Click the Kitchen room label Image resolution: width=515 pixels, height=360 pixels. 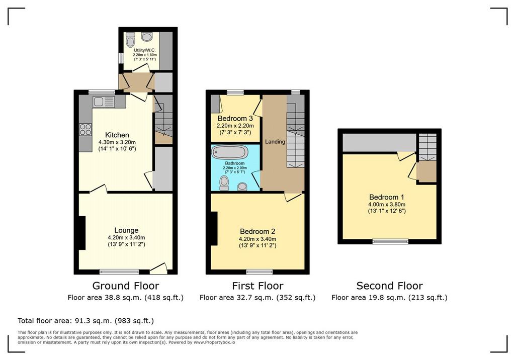[x=117, y=135]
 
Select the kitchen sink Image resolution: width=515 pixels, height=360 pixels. [x=104, y=102]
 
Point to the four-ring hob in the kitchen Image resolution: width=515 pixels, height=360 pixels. [x=85, y=129]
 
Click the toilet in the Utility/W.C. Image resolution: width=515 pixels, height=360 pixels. [x=130, y=39]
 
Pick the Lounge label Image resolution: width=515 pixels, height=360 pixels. [x=126, y=230]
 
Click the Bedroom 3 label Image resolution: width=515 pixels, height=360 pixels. [x=235, y=118]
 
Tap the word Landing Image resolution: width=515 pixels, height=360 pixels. [x=275, y=142]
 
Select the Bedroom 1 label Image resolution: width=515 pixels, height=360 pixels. [x=387, y=197]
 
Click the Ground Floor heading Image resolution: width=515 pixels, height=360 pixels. [x=125, y=286]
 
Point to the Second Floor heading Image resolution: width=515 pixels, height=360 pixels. [x=390, y=286]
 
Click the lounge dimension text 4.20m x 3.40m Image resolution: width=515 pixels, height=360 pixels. [x=126, y=237]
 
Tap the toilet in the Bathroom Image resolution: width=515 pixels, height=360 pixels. [x=224, y=183]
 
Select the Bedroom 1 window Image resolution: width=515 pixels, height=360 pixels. [x=390, y=241]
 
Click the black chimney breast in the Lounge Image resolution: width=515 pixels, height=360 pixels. [x=82, y=233]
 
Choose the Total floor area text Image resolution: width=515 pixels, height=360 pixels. [x=85, y=321]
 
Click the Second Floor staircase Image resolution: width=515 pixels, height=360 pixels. [x=427, y=147]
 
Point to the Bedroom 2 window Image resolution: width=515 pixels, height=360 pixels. [x=260, y=272]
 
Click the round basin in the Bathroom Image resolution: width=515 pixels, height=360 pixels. [x=243, y=187]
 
